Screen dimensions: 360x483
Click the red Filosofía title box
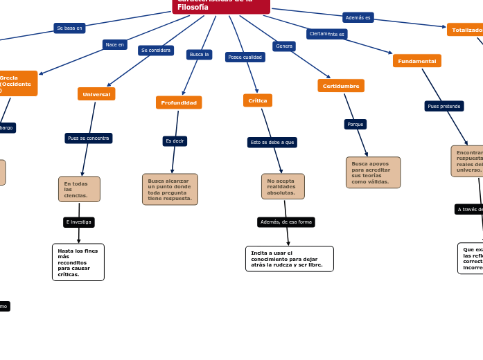coord(221,6)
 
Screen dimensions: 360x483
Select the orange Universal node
coord(96,94)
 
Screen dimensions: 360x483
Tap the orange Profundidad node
coord(179,102)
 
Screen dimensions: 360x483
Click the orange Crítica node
coord(258,100)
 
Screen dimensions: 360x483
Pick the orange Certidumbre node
coord(341,86)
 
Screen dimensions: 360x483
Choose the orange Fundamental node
coord(417,61)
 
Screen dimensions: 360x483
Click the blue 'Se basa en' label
coord(69,28)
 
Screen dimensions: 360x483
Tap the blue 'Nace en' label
coord(115,45)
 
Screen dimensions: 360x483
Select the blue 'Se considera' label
coord(156,51)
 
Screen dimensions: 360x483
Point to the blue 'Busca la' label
coord(200,54)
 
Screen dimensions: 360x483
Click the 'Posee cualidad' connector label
coord(245,57)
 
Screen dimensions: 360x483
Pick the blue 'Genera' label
coord(284,46)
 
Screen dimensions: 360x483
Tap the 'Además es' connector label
coord(358,17)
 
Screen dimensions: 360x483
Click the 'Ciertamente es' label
coord(327,34)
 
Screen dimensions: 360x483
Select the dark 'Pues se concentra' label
coord(89,138)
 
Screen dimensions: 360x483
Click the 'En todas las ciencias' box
coord(79,189)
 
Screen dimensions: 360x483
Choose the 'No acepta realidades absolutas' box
coord(283,186)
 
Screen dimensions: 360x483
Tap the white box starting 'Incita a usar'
coord(289,259)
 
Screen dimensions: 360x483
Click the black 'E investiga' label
coord(79,222)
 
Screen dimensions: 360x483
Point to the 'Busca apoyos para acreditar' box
coord(373,172)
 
